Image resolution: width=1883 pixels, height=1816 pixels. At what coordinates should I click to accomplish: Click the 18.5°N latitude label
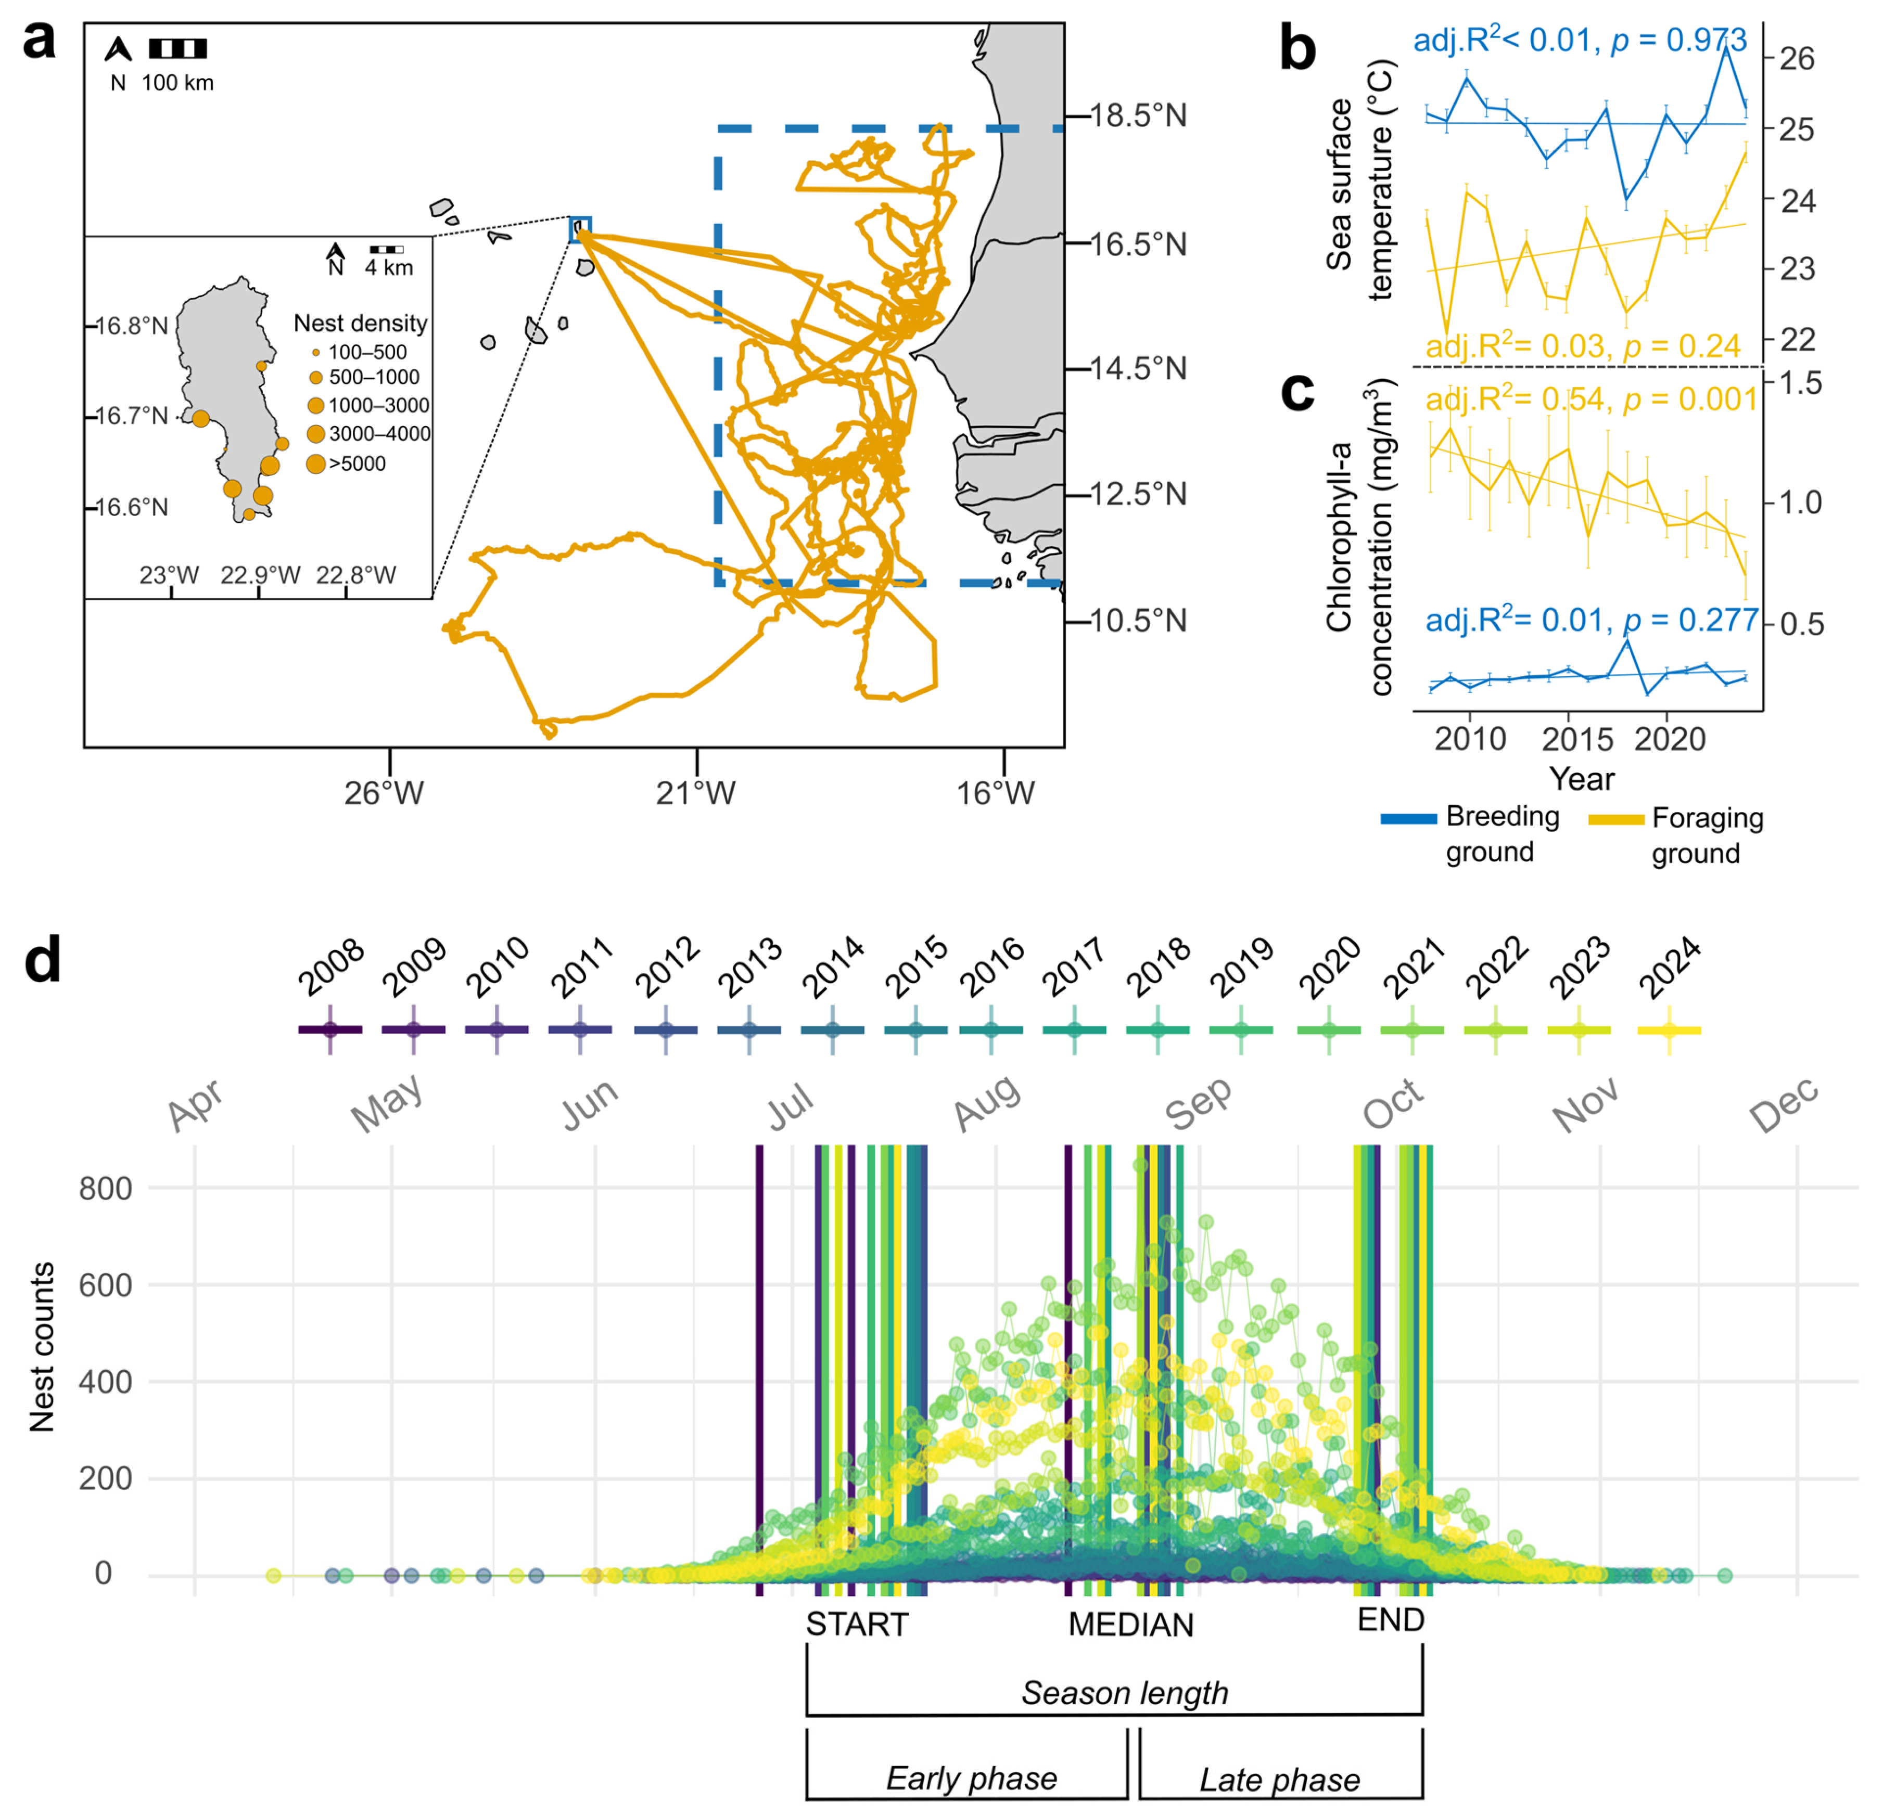tap(1138, 116)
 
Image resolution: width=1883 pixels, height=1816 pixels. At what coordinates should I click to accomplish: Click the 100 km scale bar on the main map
tap(177, 48)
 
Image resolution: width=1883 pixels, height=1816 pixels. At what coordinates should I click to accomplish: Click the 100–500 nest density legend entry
tap(367, 353)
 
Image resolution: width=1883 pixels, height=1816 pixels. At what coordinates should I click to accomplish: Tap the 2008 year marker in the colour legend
tap(330, 1029)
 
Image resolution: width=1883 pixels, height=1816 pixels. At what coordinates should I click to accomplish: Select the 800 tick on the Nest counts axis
tap(106, 1189)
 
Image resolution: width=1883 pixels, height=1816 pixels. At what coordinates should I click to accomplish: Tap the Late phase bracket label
tap(1280, 1780)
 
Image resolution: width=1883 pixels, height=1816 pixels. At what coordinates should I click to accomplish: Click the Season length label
tap(1124, 1692)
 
